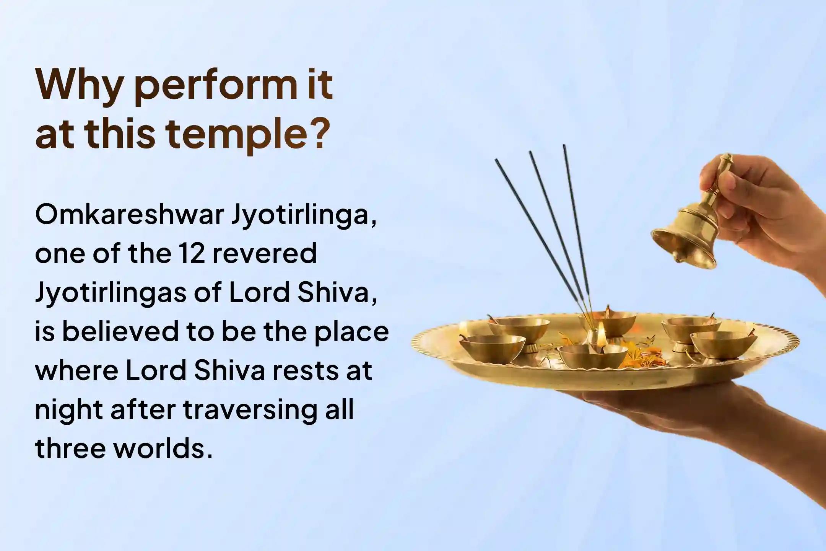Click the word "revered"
265,253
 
